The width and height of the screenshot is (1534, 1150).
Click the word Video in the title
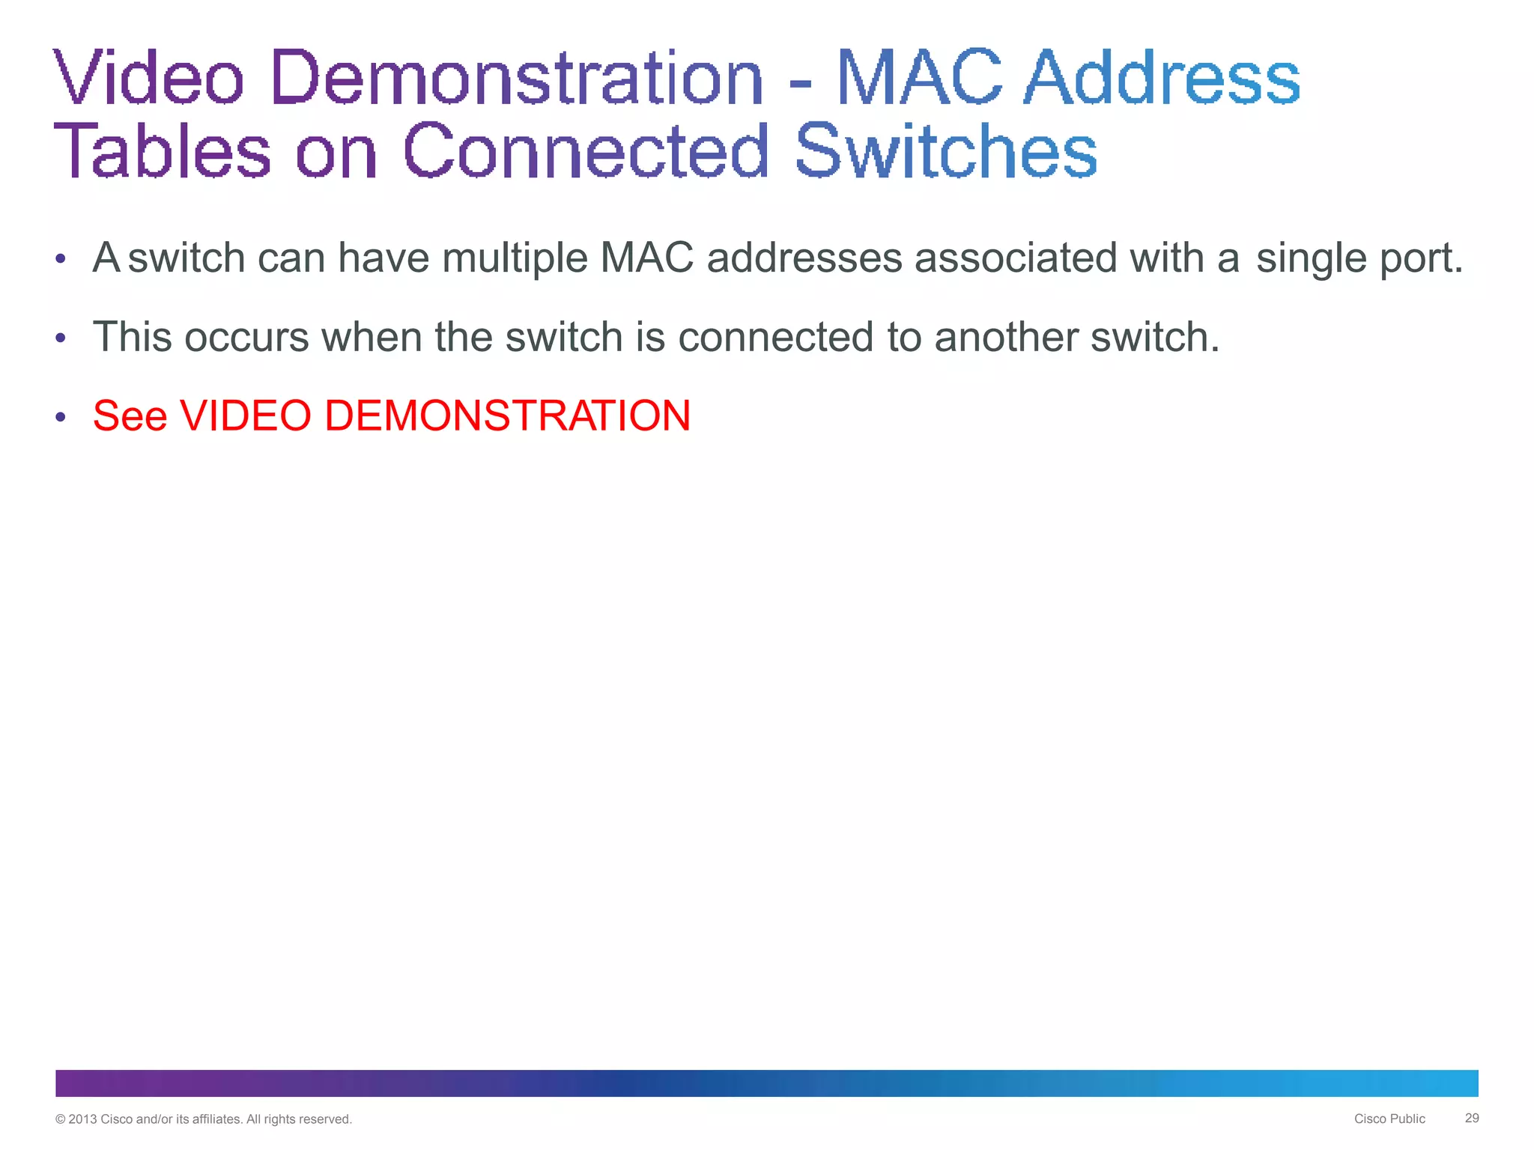point(149,78)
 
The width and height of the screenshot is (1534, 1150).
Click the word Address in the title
point(1162,78)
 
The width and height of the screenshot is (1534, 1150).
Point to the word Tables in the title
point(162,151)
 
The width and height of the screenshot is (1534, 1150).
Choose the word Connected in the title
point(586,151)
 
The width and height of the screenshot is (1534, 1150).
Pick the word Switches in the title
point(946,151)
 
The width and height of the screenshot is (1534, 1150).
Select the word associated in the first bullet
point(1016,258)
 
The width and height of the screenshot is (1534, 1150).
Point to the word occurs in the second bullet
point(246,338)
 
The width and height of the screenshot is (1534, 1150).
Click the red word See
point(130,416)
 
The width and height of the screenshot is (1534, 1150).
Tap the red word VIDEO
point(246,416)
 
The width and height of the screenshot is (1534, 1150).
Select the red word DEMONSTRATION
point(507,416)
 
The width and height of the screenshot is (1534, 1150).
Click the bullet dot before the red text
point(61,416)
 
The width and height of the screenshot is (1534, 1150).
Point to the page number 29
point(1472,1118)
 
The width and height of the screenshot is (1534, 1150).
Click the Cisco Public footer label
point(1389,1119)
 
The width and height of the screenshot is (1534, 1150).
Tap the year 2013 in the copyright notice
point(82,1119)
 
